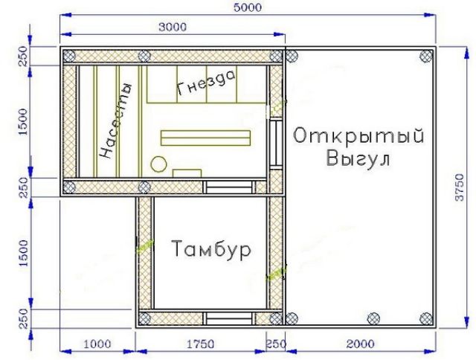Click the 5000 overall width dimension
coord(248,7)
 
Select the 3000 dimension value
coord(173,27)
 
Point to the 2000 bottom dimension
coord(360,344)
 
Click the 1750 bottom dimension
coord(200,344)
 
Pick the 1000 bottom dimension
coord(97,344)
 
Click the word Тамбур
coord(211,249)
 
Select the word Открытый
coord(358,135)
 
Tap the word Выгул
coord(358,158)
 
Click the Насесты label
coord(116,120)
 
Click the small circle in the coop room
coord(158,164)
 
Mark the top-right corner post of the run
coord(426,56)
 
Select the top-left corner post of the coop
coord(69,56)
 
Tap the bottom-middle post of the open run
coord(373,318)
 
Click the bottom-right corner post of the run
coord(426,318)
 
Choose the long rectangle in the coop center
coord(205,138)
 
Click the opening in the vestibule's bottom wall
coord(229,318)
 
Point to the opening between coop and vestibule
coord(229,187)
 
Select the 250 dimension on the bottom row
coord(276,344)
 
